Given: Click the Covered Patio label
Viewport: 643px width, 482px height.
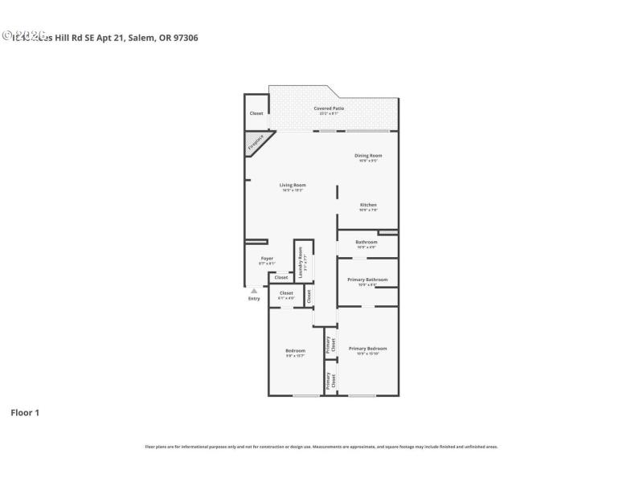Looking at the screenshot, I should coord(329,109).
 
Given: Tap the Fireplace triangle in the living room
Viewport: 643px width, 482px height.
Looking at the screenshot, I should coord(256,142).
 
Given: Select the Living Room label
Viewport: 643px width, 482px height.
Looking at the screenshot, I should coord(293,186).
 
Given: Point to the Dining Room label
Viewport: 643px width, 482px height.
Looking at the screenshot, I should coord(368,157).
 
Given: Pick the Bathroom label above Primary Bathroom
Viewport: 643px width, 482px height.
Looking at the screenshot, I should coord(367,243).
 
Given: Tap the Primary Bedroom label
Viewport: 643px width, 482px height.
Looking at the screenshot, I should coord(367,349).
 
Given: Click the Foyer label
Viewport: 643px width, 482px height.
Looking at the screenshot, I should coord(267,259).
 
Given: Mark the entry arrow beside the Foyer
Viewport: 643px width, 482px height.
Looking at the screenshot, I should coord(254,291).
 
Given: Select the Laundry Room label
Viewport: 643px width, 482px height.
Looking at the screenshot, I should coord(301,263).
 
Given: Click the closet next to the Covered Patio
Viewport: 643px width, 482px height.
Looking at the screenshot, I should coord(256,113).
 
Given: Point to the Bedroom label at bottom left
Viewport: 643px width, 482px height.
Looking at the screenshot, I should coord(295,352).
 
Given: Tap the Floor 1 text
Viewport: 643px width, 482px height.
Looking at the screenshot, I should coord(25,413).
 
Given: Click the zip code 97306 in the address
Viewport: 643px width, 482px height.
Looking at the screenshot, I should coord(185,37).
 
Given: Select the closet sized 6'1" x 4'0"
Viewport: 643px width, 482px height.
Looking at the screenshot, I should coord(286,295).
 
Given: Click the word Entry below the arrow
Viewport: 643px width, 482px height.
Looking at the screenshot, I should coord(254,299).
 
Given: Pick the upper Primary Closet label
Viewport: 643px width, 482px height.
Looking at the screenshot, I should coord(329,345).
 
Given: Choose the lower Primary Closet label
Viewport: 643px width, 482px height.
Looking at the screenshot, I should coord(329,381).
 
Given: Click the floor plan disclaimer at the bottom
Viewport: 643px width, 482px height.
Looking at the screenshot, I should coord(321,447).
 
